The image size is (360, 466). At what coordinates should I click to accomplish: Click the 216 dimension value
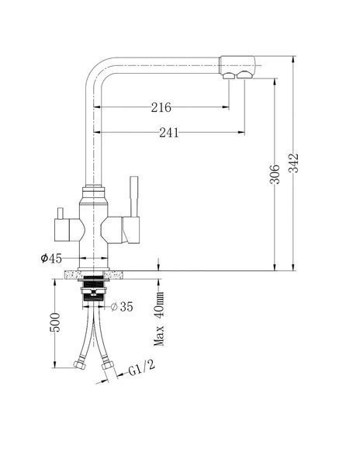point(161,107)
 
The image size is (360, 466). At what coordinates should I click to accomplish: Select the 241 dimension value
point(169,133)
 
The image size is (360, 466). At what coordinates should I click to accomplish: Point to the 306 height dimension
point(275,174)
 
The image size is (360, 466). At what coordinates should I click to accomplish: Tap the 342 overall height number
point(293,162)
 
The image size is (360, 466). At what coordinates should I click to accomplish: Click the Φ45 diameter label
point(51,259)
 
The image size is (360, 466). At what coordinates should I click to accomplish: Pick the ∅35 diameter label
point(122,307)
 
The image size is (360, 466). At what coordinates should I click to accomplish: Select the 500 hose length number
point(55,322)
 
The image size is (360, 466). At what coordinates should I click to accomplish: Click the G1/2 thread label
point(141,367)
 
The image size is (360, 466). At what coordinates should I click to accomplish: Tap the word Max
point(159,336)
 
